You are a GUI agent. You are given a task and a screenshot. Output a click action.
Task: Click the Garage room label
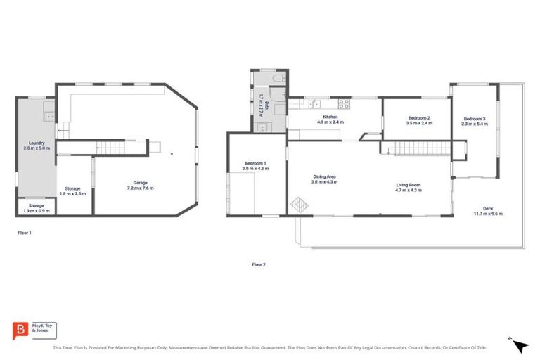[x=139, y=184]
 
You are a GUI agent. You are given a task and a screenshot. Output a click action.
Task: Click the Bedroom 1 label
[x=255, y=165]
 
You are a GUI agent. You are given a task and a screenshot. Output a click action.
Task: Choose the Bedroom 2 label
[x=418, y=120]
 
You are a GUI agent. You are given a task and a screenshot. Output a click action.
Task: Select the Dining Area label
[x=325, y=178]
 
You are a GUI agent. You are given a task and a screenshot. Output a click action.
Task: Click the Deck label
[x=491, y=209]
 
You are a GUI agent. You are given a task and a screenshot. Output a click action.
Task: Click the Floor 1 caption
[x=25, y=232]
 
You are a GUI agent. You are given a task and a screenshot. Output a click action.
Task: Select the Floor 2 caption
[x=259, y=264]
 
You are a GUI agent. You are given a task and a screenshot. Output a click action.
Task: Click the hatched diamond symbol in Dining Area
[x=299, y=205]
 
